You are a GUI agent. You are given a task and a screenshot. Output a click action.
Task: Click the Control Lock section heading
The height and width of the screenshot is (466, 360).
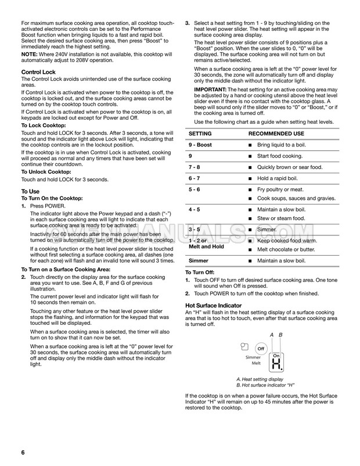pyautogui.click(x=38, y=72)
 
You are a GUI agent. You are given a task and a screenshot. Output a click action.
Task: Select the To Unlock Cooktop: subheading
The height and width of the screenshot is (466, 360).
pyautogui.click(x=46, y=173)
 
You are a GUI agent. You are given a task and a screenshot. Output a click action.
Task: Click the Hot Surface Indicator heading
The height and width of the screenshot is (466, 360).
pyautogui.click(x=213, y=304)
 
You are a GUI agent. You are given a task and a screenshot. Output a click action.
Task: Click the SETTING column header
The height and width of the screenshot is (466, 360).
pyautogui.click(x=200, y=133)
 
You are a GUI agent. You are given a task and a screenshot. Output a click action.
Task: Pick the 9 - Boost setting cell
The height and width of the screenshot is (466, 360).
pyautogui.click(x=200, y=144)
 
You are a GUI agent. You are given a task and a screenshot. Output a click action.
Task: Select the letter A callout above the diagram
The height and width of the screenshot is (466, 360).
pyautogui.click(x=272, y=335)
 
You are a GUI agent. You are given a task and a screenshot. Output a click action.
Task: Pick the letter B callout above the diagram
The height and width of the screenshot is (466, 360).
pyautogui.click(x=280, y=335)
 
